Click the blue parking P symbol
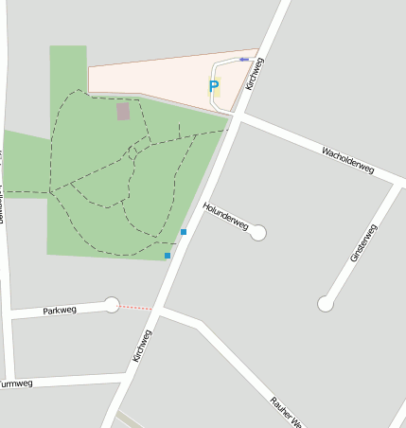pos(214,87)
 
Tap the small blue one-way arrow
pos(244,60)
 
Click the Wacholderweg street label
pos(346,160)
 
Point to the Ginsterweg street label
pos(362,243)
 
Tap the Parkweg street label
pos(59,311)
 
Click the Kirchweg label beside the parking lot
pos(254,74)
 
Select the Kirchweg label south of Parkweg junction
pos(142,346)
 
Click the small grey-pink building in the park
pos(123,112)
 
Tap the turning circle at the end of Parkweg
pos(112,304)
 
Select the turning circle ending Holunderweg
pos(258,232)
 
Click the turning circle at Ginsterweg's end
pos(326,303)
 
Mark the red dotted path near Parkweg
pos(136,307)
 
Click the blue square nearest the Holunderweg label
pos(184,232)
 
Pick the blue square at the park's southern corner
pos(168,256)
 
